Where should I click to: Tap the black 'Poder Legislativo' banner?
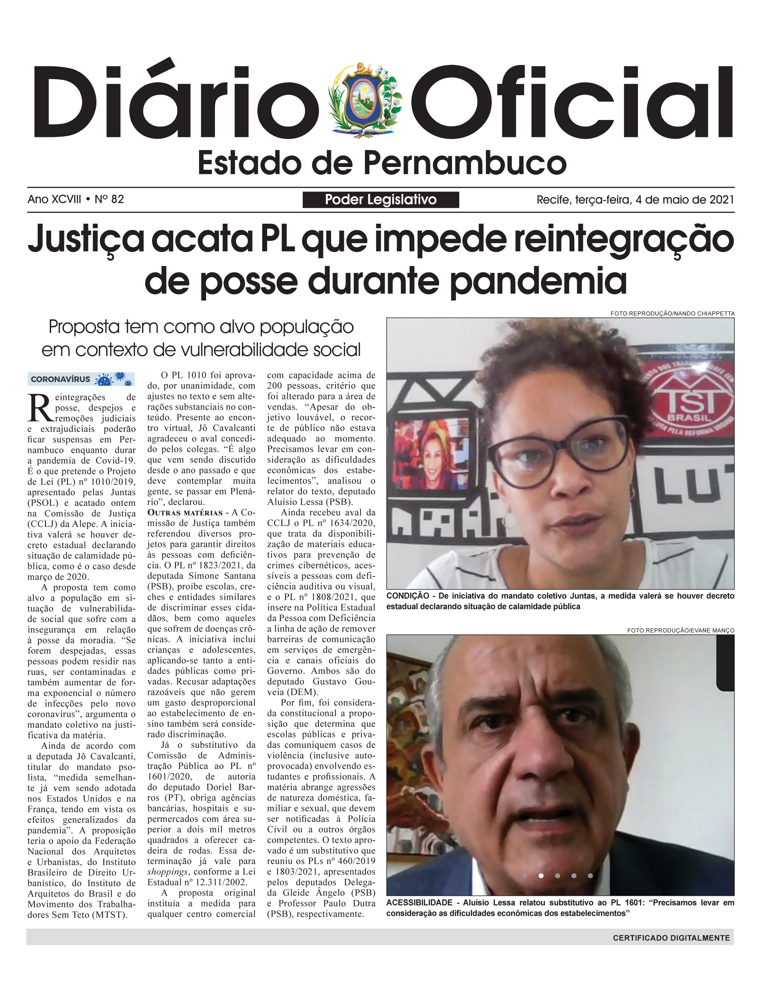[380, 199]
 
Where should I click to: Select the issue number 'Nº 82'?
[109, 199]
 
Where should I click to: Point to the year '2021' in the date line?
[721, 199]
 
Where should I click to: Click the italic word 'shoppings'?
[167, 872]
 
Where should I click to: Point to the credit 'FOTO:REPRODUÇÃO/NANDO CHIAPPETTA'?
[672, 314]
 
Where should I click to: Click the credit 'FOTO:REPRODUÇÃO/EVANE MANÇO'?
[680, 631]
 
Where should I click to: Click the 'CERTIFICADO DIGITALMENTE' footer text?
[671, 938]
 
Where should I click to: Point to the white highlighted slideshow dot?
[541, 876]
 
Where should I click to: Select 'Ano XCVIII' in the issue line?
[55, 199]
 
